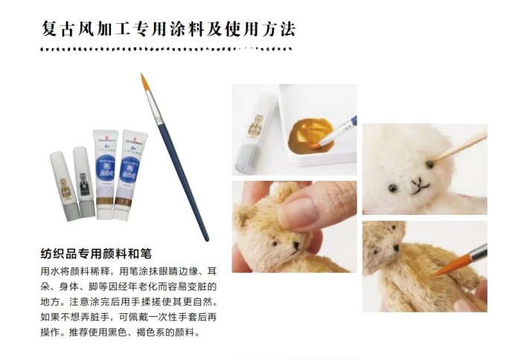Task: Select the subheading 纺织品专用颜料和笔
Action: click(96, 254)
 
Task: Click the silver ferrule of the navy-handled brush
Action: click(156, 108)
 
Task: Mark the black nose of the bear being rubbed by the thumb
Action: click(295, 245)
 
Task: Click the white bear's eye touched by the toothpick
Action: click(429, 164)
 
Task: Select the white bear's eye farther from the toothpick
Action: click(392, 188)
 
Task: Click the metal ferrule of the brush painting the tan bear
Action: click(478, 252)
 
